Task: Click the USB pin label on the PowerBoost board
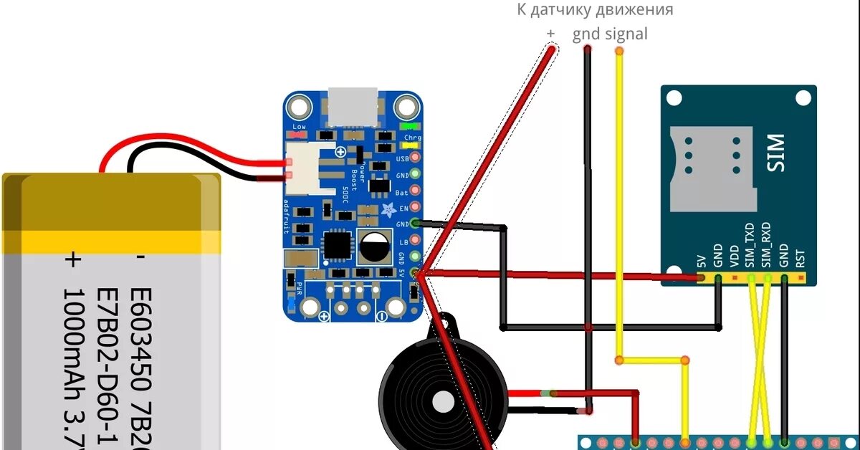click(402, 158)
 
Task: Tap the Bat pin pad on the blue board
click(414, 191)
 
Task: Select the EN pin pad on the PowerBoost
click(414, 208)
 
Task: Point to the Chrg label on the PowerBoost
click(413, 137)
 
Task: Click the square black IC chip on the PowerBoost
click(337, 245)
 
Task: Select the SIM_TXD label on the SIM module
click(750, 245)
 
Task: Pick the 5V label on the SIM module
click(700, 258)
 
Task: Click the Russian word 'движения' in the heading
click(638, 10)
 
